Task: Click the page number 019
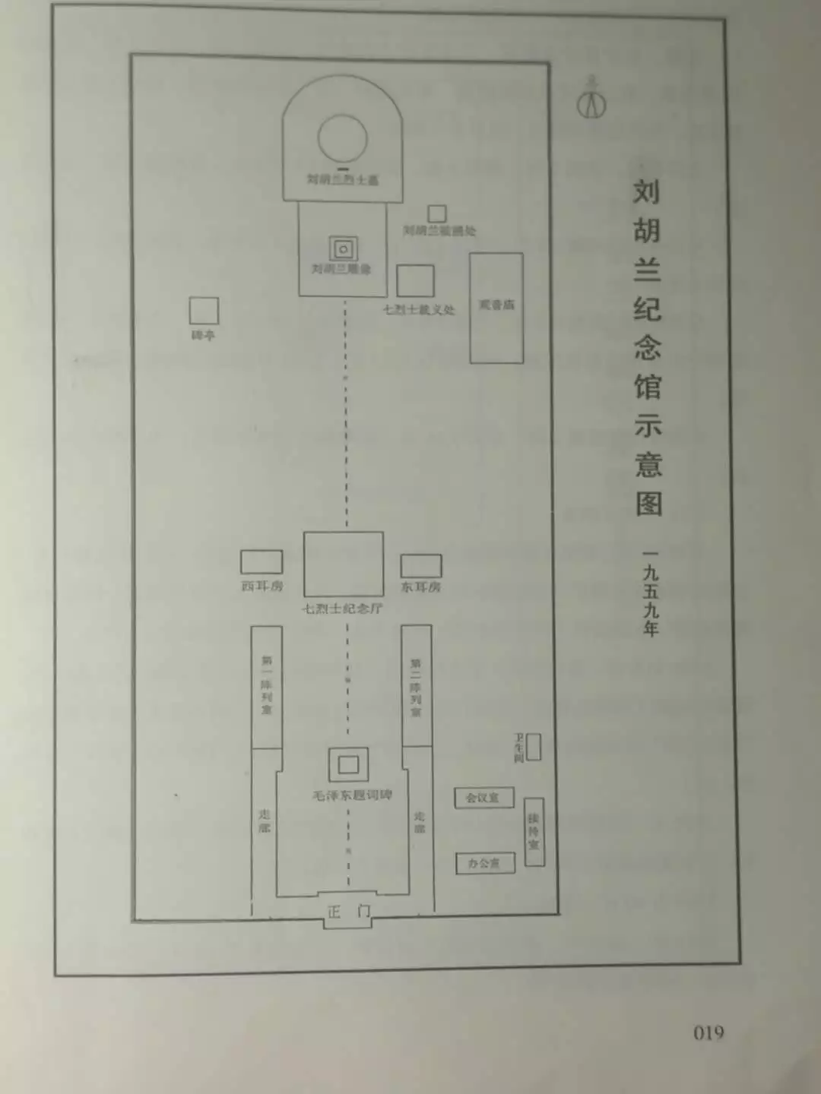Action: point(708,1032)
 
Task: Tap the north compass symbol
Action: point(591,103)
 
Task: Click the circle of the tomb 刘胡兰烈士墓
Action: point(342,138)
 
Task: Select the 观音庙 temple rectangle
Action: point(496,308)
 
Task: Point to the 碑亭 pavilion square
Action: point(204,311)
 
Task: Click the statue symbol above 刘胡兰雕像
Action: point(344,248)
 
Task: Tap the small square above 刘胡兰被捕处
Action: point(436,213)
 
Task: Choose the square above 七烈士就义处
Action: point(415,281)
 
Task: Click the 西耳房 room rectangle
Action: point(262,562)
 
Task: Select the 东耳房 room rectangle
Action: point(421,566)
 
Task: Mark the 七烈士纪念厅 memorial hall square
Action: point(344,564)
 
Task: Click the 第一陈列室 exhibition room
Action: point(267,687)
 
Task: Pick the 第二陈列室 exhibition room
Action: point(417,685)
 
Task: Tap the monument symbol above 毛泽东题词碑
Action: point(349,764)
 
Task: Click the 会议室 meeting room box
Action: point(483,798)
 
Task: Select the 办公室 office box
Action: point(485,863)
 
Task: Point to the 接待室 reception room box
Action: point(534,832)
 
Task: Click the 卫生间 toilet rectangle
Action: point(534,747)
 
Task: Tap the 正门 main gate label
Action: point(348,912)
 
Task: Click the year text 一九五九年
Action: point(650,593)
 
